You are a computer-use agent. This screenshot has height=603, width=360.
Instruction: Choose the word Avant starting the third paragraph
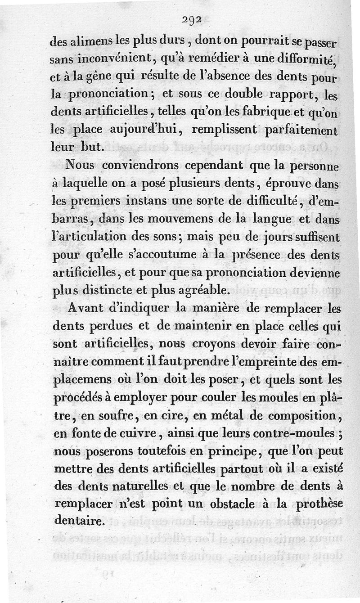pyautogui.click(x=91, y=310)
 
